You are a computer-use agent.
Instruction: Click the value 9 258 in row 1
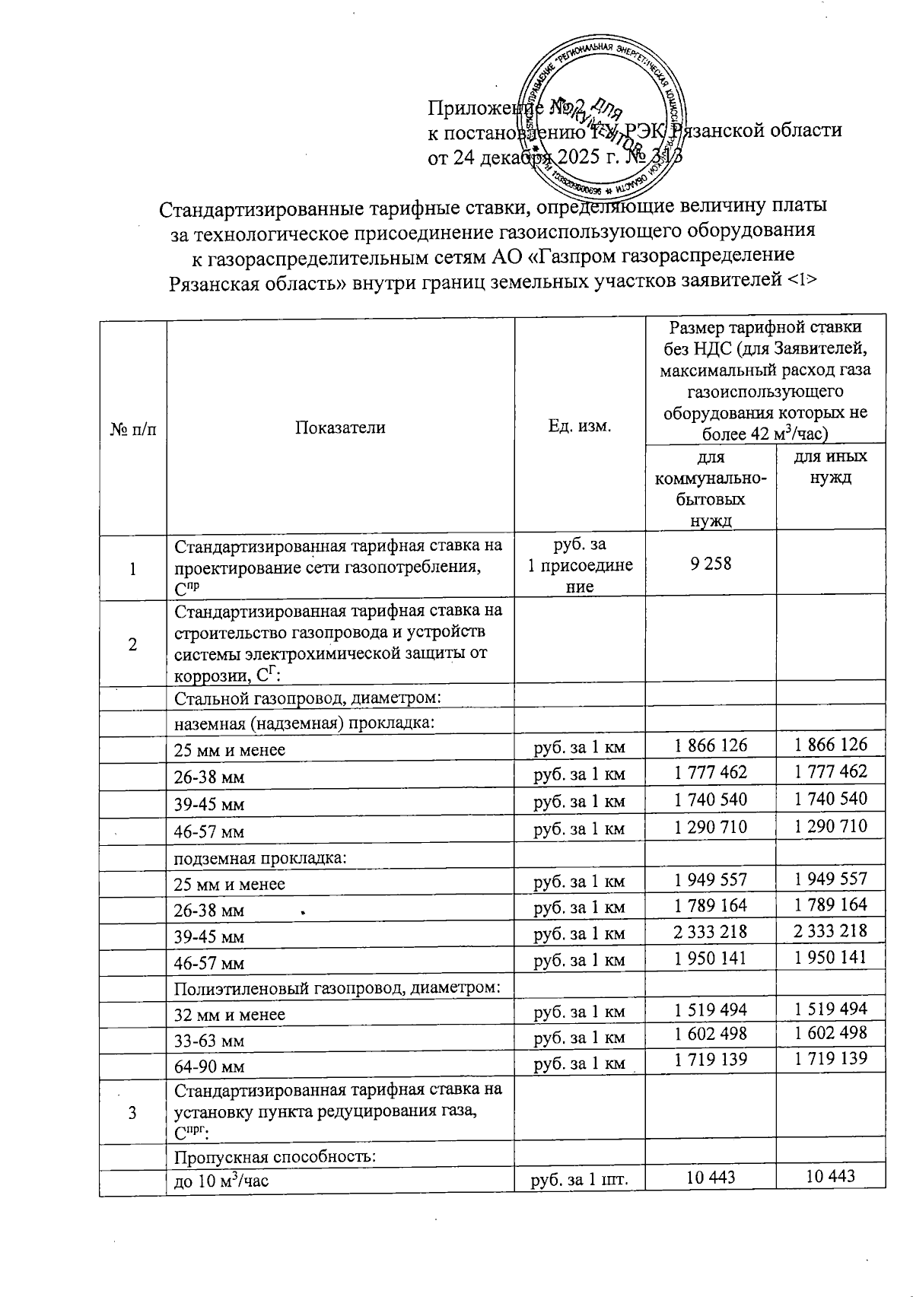pos(711,563)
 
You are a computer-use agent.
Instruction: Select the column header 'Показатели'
pos(340,428)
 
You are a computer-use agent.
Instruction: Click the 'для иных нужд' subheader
pos(830,467)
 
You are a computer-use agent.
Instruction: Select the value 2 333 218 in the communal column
pos(711,931)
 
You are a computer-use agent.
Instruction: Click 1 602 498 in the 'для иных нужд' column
pos(830,1033)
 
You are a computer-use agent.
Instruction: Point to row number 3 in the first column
pos(133,1113)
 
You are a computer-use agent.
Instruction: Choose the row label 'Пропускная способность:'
pos(275,1157)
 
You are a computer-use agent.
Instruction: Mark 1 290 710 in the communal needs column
pos(711,826)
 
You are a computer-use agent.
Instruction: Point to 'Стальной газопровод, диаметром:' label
pos(308,698)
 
